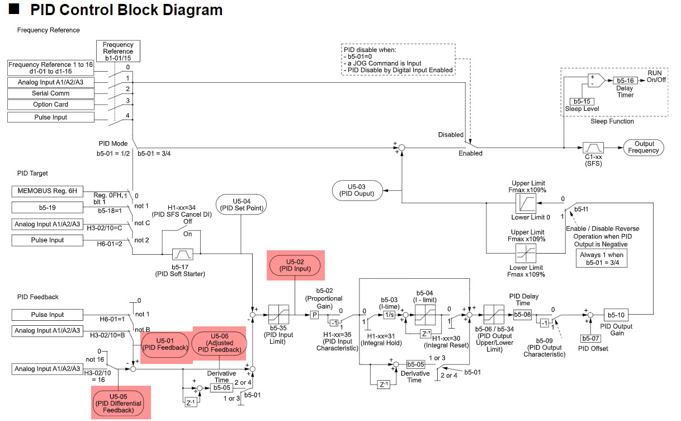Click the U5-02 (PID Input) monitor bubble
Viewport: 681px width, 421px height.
tap(295, 265)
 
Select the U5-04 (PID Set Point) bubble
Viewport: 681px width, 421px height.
tap(241, 204)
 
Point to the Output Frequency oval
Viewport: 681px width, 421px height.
tap(642, 147)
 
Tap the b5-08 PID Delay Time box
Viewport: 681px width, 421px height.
tap(522, 315)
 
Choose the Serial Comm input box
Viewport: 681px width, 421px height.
tap(51, 93)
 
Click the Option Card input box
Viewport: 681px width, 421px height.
tap(51, 105)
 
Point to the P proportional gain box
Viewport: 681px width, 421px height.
tap(314, 315)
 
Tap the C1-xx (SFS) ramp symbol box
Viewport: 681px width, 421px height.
tap(592, 147)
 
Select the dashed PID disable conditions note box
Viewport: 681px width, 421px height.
tap(398, 59)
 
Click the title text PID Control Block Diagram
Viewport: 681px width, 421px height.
tap(126, 10)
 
